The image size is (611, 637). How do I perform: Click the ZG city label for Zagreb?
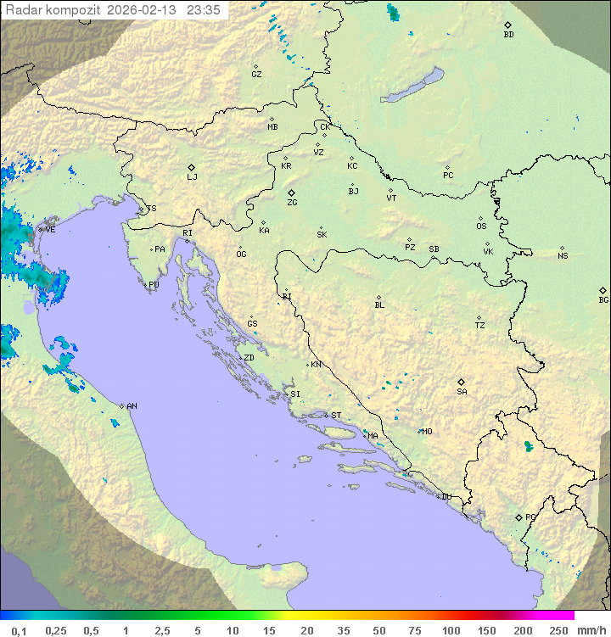click(292, 203)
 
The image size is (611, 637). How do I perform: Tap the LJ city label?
click(192, 177)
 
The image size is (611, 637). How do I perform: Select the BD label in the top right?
click(508, 35)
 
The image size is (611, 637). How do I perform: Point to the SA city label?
click(462, 392)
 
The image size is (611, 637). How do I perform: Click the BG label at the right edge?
click(603, 299)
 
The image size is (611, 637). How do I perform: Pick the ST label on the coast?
click(336, 416)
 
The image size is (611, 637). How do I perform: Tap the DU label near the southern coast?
click(446, 497)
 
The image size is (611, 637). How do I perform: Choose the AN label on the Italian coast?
click(132, 406)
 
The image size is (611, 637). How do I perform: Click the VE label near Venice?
click(50, 230)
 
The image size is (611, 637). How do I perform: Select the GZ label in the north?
click(256, 75)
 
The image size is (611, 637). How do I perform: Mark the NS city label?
click(563, 256)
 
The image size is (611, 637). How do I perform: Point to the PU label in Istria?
click(154, 285)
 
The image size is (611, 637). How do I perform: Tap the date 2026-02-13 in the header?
click(138, 10)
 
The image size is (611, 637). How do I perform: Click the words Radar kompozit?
click(53, 10)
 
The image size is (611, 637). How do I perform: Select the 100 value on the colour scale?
click(451, 630)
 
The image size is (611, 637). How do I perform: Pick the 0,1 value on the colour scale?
click(19, 630)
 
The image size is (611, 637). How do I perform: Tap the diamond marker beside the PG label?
click(519, 517)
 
